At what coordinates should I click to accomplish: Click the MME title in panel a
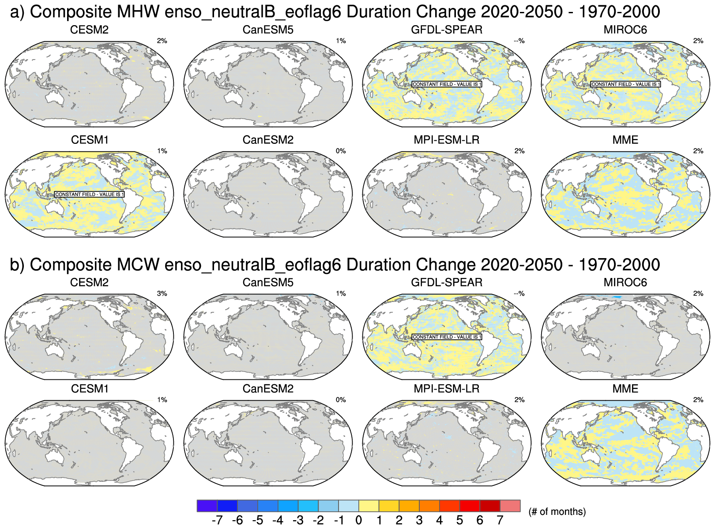coord(625,140)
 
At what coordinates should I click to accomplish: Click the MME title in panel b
coord(625,389)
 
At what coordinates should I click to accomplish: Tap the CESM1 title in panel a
coord(90,140)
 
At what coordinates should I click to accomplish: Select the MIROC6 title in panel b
coord(625,282)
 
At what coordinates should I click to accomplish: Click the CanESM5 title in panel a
coord(268,30)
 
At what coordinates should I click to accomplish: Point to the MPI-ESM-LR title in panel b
coord(446,389)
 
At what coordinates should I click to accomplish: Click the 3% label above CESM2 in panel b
coord(162,294)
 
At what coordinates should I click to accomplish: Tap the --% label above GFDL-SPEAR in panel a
coord(519,41)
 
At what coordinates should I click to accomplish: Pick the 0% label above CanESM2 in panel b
coord(341,400)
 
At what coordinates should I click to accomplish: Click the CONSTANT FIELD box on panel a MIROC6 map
coord(625,84)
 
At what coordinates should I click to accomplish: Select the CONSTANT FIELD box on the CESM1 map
coord(90,195)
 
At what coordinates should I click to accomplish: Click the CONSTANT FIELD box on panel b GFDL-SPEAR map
coord(447,337)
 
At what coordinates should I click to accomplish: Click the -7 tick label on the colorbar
coord(217,521)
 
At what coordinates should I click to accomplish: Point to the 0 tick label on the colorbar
coord(359,521)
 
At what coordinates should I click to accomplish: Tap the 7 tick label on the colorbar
coord(500,521)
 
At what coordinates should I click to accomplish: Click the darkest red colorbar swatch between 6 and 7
coord(490,506)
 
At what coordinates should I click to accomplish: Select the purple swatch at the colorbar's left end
coord(207,506)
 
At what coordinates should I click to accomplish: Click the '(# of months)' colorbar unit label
coord(557,512)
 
